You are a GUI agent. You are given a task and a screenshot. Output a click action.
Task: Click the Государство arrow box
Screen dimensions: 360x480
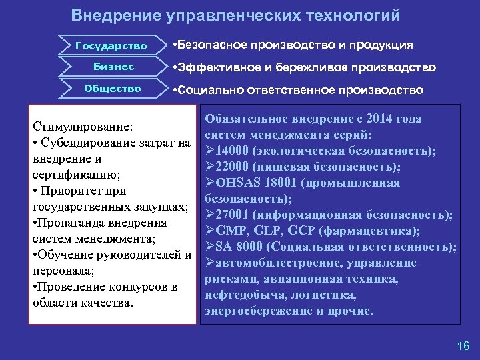pos(111,46)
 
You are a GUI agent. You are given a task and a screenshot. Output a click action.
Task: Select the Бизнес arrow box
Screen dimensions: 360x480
pos(113,67)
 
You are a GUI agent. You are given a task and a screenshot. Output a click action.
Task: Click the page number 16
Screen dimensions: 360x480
pos(463,345)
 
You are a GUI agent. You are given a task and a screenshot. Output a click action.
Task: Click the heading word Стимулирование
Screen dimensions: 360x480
pos(83,126)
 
